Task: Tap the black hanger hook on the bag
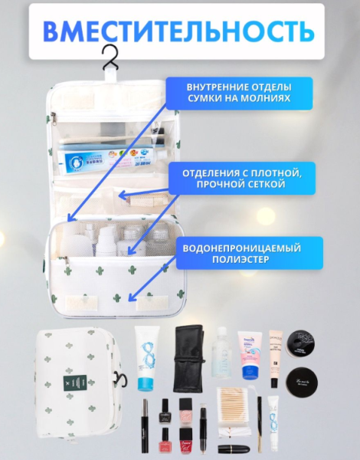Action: [113, 58]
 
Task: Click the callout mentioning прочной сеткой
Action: [236, 179]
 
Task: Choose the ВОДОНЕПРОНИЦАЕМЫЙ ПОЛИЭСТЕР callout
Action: [236, 253]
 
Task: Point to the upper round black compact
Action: [303, 343]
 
